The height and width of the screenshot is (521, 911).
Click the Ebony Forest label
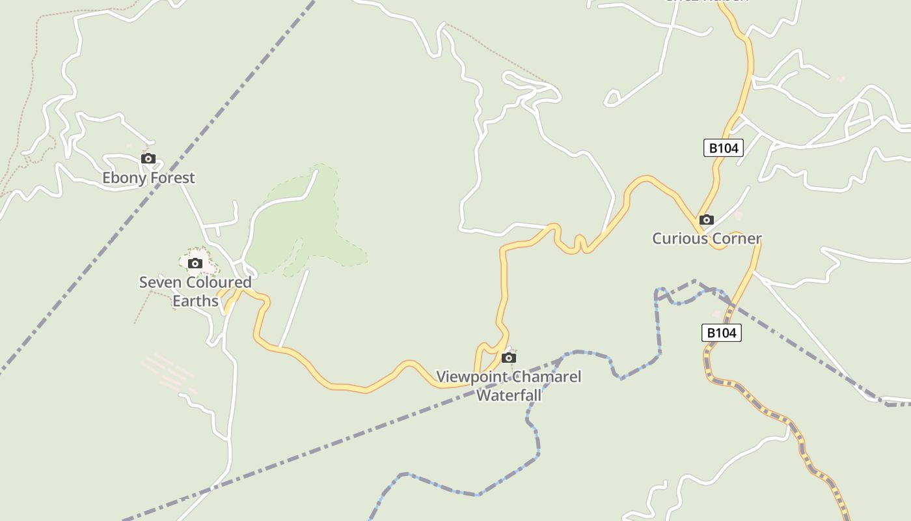[148, 178]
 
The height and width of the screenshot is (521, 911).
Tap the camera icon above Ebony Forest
[148, 158]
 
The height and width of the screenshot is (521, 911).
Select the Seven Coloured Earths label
[195, 291]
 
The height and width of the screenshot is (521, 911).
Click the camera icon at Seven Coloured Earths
[195, 263]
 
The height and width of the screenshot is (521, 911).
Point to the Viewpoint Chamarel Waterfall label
[509, 386]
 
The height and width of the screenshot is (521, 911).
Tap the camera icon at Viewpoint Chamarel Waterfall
[509, 358]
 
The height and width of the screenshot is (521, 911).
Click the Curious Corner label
[707, 238]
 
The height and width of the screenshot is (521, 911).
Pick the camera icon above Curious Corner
[707, 220]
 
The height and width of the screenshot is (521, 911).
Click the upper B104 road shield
[724, 148]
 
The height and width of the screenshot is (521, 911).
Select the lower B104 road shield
[722, 333]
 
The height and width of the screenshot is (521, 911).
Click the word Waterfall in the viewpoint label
[509, 395]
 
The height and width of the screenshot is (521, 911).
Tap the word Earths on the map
[195, 301]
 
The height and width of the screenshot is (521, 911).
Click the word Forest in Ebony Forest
[172, 178]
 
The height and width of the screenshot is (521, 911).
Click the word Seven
[157, 283]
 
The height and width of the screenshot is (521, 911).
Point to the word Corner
[737, 238]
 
